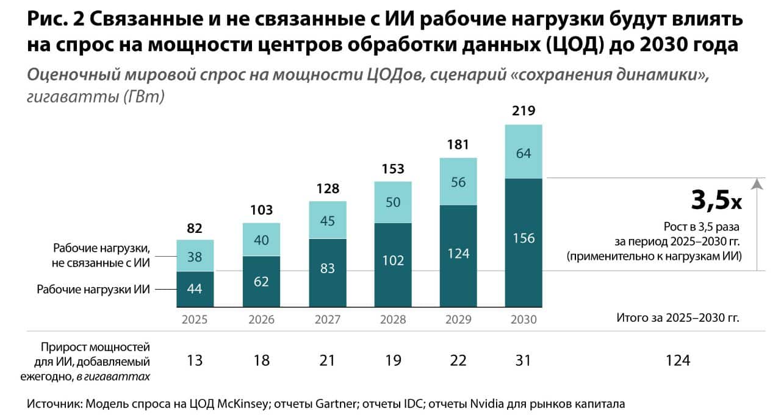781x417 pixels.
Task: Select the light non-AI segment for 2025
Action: coord(195,255)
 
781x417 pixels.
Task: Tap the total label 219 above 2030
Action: coord(524,112)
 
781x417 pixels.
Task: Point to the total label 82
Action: coord(195,229)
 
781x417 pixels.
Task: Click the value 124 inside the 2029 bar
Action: coord(458,254)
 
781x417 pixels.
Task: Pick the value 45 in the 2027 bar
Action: coord(327,221)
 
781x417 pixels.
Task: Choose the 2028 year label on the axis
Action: coord(392,319)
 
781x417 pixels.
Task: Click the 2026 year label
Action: coord(261,319)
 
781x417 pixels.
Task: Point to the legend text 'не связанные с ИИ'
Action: coord(101,263)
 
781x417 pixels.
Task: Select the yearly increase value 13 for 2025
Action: coord(195,360)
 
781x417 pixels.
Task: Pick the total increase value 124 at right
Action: coord(678,360)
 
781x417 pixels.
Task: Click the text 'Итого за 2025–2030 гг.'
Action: coord(678,318)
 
